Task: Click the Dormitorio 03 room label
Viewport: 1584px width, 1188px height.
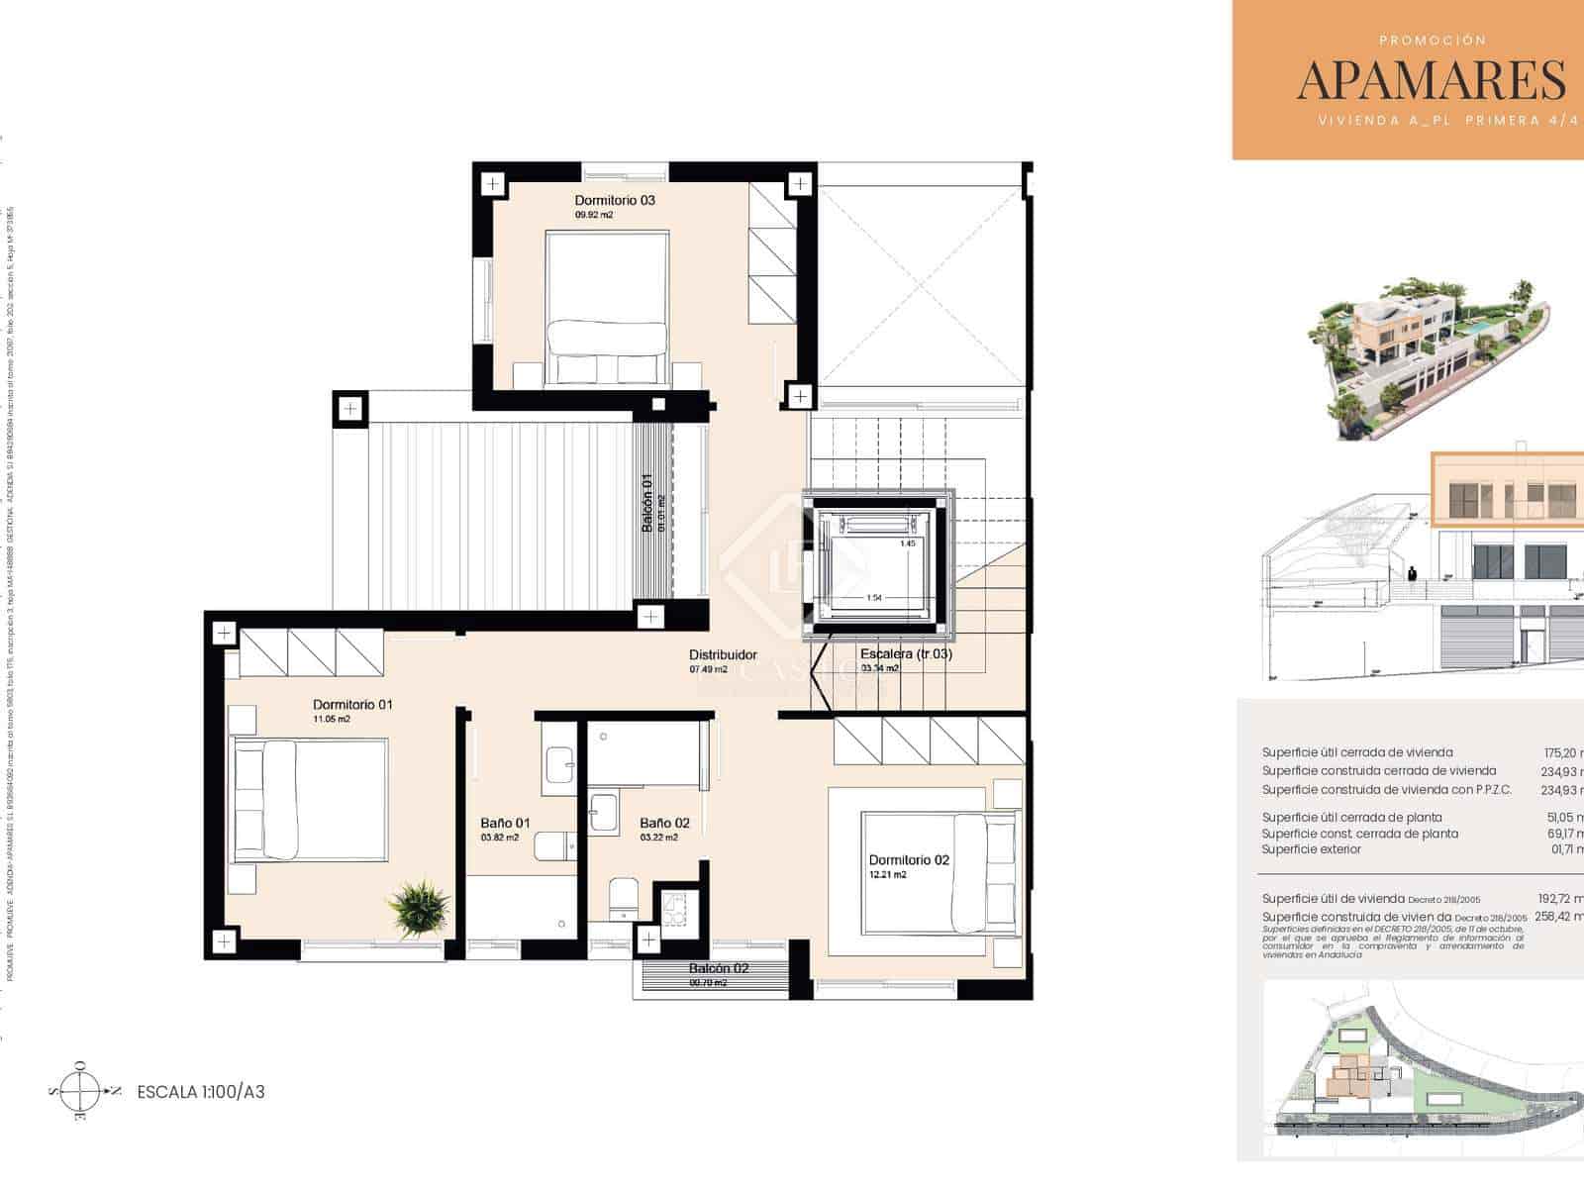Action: (x=615, y=200)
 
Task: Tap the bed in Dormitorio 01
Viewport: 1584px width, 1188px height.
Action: (x=310, y=800)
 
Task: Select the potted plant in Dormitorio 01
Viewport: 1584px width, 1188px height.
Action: (x=419, y=903)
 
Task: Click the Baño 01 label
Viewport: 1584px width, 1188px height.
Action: (x=505, y=823)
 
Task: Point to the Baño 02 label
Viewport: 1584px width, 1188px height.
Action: (x=664, y=823)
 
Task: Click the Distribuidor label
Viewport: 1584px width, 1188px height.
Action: (x=723, y=655)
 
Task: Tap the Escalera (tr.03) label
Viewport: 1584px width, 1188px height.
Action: (x=906, y=654)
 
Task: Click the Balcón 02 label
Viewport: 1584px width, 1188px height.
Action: (x=719, y=968)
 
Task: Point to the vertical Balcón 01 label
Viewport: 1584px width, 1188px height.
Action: (x=647, y=503)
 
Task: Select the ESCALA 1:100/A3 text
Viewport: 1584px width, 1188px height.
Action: (x=201, y=1093)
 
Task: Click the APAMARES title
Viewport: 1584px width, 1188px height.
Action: (x=1431, y=80)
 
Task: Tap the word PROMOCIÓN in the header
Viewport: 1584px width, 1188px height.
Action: (x=1433, y=41)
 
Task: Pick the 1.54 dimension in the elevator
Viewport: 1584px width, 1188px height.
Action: (x=874, y=598)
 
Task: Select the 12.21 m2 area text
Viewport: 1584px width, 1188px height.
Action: (x=887, y=875)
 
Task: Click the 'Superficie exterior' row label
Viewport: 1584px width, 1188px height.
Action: (x=1311, y=849)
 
